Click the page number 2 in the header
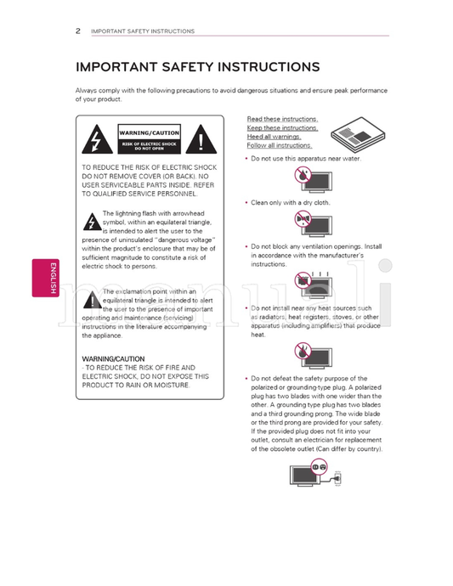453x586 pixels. point(78,31)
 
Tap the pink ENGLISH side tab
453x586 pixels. point(46,278)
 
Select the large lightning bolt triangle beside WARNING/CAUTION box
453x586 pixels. point(97,139)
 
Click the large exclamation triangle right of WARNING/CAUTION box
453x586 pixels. point(201,139)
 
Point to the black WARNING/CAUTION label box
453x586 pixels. point(150,139)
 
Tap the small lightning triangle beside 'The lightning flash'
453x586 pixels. point(92,222)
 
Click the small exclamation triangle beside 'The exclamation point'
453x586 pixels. point(92,300)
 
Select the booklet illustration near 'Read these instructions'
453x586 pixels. point(358,134)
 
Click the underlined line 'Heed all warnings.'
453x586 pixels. point(274,137)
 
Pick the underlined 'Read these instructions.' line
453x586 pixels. point(282,119)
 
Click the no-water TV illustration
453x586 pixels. point(313,180)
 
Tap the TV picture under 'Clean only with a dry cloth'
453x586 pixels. point(313,223)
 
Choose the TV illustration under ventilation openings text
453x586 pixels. point(313,285)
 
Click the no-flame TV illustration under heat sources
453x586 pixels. point(313,355)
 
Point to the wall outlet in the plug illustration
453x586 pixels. point(337,478)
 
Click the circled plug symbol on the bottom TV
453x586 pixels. point(319,467)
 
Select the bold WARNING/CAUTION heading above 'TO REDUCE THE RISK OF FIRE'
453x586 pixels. point(113,358)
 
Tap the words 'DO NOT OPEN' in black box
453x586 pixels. point(150,149)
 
